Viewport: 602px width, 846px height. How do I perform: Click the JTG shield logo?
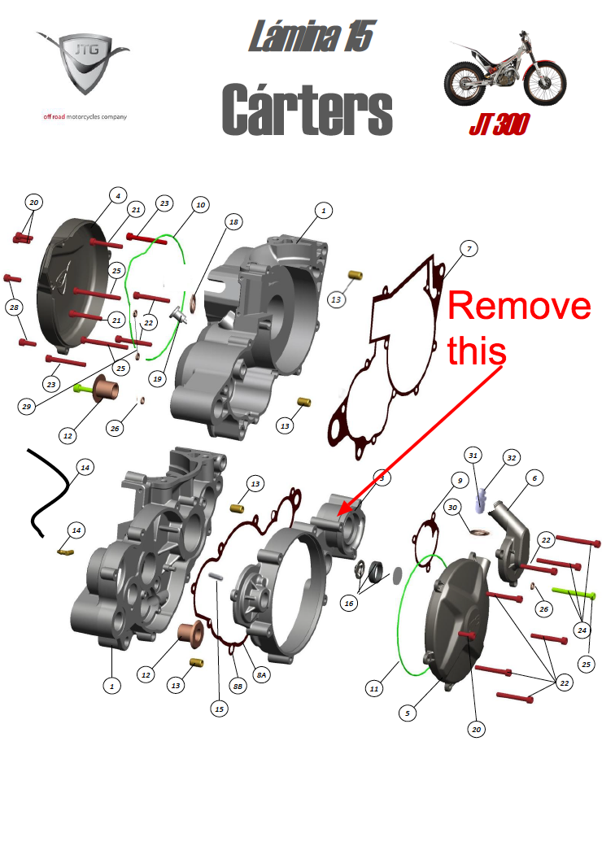point(84,63)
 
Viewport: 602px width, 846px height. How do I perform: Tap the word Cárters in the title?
point(307,110)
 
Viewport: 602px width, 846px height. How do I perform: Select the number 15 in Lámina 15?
point(359,37)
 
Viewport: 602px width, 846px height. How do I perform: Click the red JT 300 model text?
point(499,124)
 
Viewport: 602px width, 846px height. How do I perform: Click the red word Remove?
point(519,306)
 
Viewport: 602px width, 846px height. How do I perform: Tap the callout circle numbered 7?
point(469,249)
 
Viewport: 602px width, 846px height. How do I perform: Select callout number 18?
point(233,222)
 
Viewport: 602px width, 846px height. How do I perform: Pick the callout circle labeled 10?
point(201,205)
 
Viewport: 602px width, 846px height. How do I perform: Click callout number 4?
point(118,195)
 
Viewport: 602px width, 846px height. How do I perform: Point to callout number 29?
point(26,406)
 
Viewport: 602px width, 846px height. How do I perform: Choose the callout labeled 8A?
point(262,674)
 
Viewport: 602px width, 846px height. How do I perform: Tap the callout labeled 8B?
point(238,687)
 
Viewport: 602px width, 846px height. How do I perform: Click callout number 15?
point(219,709)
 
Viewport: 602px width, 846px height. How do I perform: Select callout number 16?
point(349,604)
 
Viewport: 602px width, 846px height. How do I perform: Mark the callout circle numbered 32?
point(512,458)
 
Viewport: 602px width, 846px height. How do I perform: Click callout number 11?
point(374,688)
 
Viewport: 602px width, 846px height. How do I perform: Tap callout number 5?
point(408,713)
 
